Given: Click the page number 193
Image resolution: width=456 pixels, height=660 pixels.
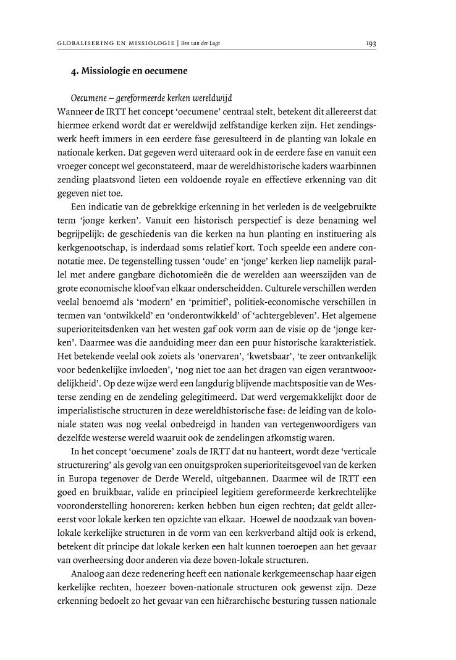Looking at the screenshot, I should click(x=371, y=43).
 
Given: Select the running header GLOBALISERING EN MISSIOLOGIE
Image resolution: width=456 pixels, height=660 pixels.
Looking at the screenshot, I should click(x=115, y=43).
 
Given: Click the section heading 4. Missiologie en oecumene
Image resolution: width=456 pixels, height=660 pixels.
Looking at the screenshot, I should click(x=129, y=71).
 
